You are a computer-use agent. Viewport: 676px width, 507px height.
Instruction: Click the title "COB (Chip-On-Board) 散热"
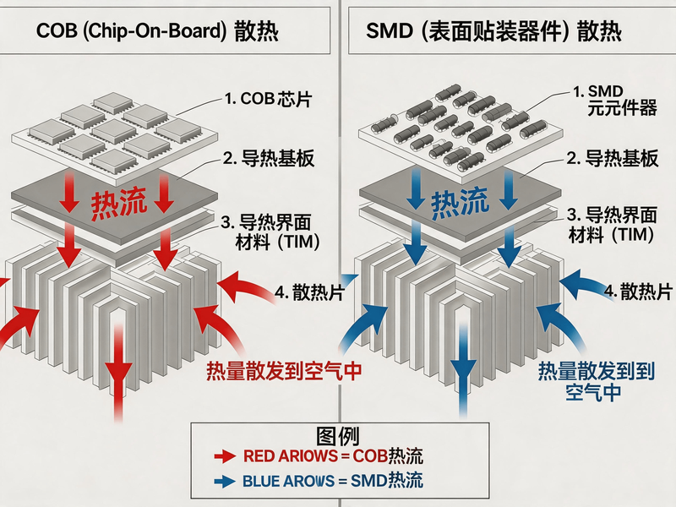(x=157, y=31)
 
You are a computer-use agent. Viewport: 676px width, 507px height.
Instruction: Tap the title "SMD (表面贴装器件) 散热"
(x=493, y=31)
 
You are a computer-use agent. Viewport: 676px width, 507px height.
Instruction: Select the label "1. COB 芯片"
(x=268, y=99)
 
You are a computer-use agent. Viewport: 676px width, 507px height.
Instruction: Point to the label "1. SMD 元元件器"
(x=614, y=100)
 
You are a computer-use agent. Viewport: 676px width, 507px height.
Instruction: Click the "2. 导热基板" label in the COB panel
(x=269, y=159)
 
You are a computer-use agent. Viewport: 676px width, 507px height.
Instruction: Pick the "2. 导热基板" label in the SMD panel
(x=612, y=158)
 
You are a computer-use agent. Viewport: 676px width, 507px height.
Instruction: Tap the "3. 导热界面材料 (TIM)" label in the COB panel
(x=270, y=232)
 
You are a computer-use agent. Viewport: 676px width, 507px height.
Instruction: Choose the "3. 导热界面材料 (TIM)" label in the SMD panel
(x=612, y=225)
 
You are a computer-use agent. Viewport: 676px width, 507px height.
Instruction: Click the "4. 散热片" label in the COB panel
(x=309, y=292)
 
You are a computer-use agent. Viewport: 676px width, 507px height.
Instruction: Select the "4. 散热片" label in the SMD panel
(x=638, y=292)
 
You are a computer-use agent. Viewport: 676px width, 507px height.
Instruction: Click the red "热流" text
(x=118, y=203)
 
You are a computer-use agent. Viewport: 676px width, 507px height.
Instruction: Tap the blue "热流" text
(x=460, y=202)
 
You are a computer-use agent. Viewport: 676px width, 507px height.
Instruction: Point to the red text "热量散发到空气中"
(x=284, y=371)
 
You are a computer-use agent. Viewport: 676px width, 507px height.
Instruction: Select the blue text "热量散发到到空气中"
(x=597, y=382)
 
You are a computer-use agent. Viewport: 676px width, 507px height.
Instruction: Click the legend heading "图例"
(x=338, y=436)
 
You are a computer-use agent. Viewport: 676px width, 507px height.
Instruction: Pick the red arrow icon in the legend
(x=225, y=456)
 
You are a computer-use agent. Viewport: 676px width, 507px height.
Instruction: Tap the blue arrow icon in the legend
(x=225, y=481)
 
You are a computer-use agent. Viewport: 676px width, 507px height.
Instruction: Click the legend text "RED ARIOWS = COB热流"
(x=333, y=456)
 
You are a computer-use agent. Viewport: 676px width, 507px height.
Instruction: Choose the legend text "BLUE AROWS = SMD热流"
(x=333, y=481)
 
